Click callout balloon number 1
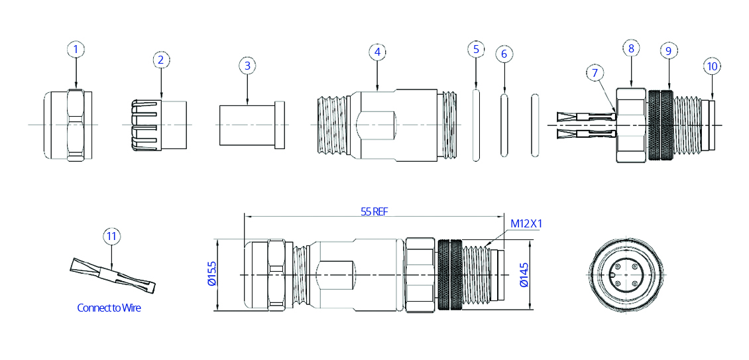tap(76, 49)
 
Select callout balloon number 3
tap(247, 66)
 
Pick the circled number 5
tap(476, 49)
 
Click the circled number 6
tap(504, 54)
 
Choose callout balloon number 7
tap(595, 73)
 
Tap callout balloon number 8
tap(631, 48)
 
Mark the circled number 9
tap(667, 50)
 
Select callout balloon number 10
tap(712, 66)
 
